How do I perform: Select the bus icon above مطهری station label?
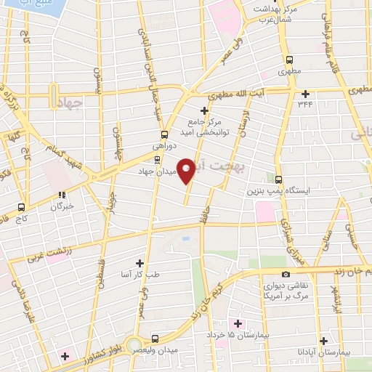click(x=291, y=61)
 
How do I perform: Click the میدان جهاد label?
click(x=158, y=172)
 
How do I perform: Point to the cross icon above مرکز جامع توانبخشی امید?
click(x=204, y=110)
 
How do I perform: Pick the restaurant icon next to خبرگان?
click(x=62, y=195)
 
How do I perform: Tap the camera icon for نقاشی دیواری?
click(x=286, y=274)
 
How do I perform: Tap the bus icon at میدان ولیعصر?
click(x=155, y=339)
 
